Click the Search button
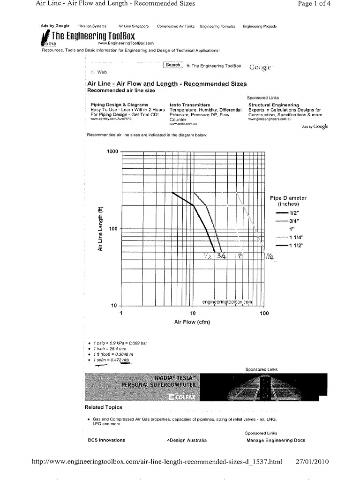coord(172,65)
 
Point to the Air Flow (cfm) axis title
coord(192,322)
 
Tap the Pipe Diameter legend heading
coord(288,201)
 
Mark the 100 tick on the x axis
coord(264,313)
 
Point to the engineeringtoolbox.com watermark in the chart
coord(227,302)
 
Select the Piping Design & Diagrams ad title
coord(120,105)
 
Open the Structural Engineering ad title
coord(273,105)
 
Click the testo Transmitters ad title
coord(189,105)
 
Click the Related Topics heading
coord(104,407)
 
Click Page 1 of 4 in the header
coord(314,4)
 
